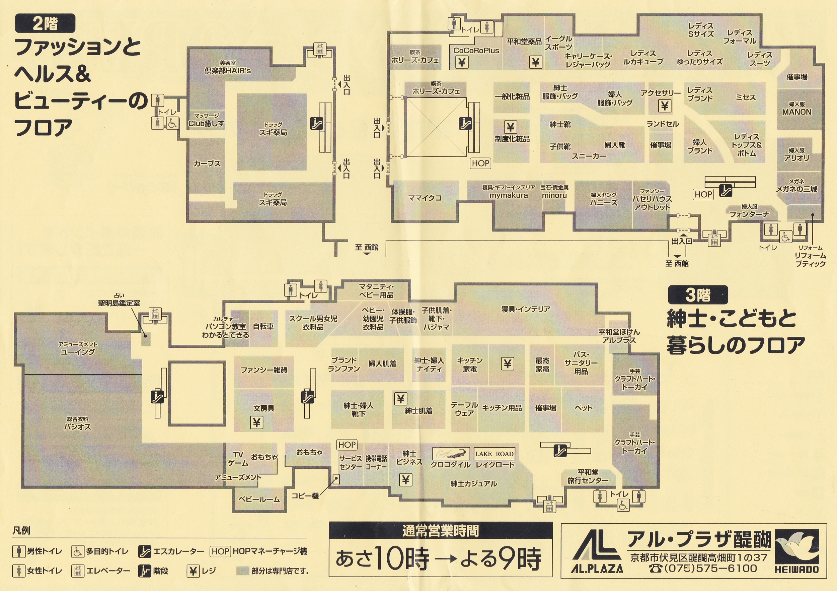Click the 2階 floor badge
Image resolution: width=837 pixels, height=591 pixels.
click(x=45, y=23)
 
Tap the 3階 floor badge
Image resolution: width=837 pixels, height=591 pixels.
click(x=698, y=295)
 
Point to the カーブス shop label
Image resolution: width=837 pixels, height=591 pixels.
click(x=207, y=163)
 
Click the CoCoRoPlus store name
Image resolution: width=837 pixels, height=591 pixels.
click(x=476, y=50)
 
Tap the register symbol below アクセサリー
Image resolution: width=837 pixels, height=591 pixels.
click(x=665, y=106)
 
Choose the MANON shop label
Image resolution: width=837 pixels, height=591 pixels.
click(x=796, y=112)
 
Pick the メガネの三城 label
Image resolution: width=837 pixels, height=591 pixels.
click(x=796, y=189)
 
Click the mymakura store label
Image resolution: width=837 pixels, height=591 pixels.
click(x=509, y=195)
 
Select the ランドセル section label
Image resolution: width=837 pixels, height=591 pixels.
click(x=663, y=124)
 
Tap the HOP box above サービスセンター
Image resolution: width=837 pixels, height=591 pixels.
click(x=347, y=445)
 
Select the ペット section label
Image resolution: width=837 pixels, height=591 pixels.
click(x=583, y=408)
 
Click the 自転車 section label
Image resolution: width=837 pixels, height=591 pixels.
click(x=263, y=327)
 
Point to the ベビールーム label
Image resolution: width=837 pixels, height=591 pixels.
click(x=259, y=500)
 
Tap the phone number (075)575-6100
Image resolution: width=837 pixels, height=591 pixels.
click(x=702, y=568)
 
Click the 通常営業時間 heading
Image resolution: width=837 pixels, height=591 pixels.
click(x=440, y=530)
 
